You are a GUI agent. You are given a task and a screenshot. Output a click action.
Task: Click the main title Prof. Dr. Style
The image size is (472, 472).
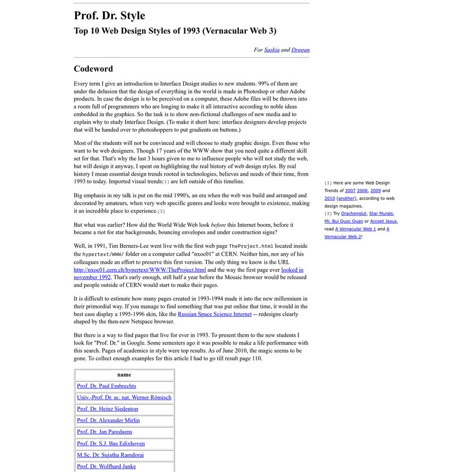pyautogui.click(x=109, y=16)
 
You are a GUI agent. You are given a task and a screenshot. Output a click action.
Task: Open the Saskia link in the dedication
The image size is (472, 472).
pyautogui.click(x=272, y=50)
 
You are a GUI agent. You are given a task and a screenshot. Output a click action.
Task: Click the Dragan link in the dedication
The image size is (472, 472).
pyautogui.click(x=300, y=50)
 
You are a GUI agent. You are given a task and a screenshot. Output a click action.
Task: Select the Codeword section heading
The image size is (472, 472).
pyautogui.click(x=93, y=69)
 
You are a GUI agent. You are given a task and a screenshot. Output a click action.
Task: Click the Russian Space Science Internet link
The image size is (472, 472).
pyautogui.click(x=214, y=314)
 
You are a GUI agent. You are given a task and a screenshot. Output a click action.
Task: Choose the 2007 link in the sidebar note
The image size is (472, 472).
pyautogui.click(x=350, y=191)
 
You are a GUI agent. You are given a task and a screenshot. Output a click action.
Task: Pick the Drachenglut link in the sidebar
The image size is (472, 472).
pyautogui.click(x=354, y=214)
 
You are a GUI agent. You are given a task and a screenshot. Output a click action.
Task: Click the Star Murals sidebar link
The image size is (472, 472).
pyautogui.click(x=381, y=214)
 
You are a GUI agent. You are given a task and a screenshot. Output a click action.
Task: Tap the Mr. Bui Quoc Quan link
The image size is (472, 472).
pyautogui.click(x=344, y=221)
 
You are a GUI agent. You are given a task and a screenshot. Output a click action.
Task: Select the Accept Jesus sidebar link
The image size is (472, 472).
pyautogui.click(x=383, y=221)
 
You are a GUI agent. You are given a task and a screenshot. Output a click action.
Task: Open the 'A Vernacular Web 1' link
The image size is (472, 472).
pyautogui.click(x=355, y=229)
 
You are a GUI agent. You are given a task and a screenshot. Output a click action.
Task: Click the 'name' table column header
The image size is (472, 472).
pyautogui.click(x=124, y=375)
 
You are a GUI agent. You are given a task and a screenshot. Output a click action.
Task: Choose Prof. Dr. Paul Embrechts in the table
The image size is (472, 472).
pyautogui.click(x=106, y=386)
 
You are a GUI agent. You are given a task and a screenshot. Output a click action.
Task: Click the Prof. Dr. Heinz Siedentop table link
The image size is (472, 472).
pyautogui.click(x=107, y=409)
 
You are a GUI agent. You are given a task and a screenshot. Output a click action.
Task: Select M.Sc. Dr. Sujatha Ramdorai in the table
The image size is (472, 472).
pyautogui.click(x=110, y=455)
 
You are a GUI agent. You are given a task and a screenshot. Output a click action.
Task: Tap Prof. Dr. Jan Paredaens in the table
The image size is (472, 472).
pyautogui.click(x=104, y=432)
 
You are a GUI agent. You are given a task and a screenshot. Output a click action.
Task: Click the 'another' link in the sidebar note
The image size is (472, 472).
pyautogui.click(x=346, y=198)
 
